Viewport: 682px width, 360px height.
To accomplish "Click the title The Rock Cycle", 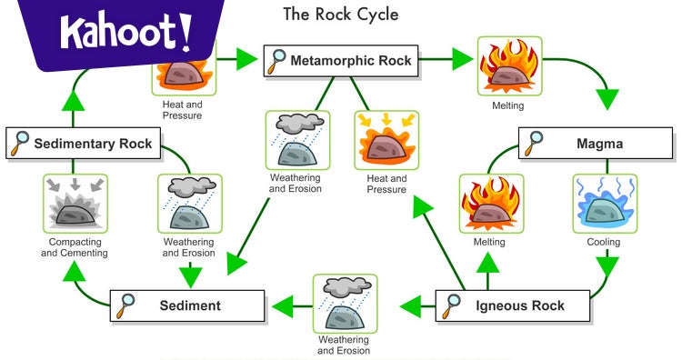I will click(340, 15).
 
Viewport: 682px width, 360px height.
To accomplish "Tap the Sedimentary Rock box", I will click(84, 144).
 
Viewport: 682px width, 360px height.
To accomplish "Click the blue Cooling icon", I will click(604, 203).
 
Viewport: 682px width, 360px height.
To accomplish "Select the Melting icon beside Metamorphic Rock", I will click(509, 67).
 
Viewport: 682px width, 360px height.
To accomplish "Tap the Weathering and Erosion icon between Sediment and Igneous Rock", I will click(344, 304).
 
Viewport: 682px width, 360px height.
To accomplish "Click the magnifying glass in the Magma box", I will click(537, 144).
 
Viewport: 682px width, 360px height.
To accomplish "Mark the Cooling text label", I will click(604, 243).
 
